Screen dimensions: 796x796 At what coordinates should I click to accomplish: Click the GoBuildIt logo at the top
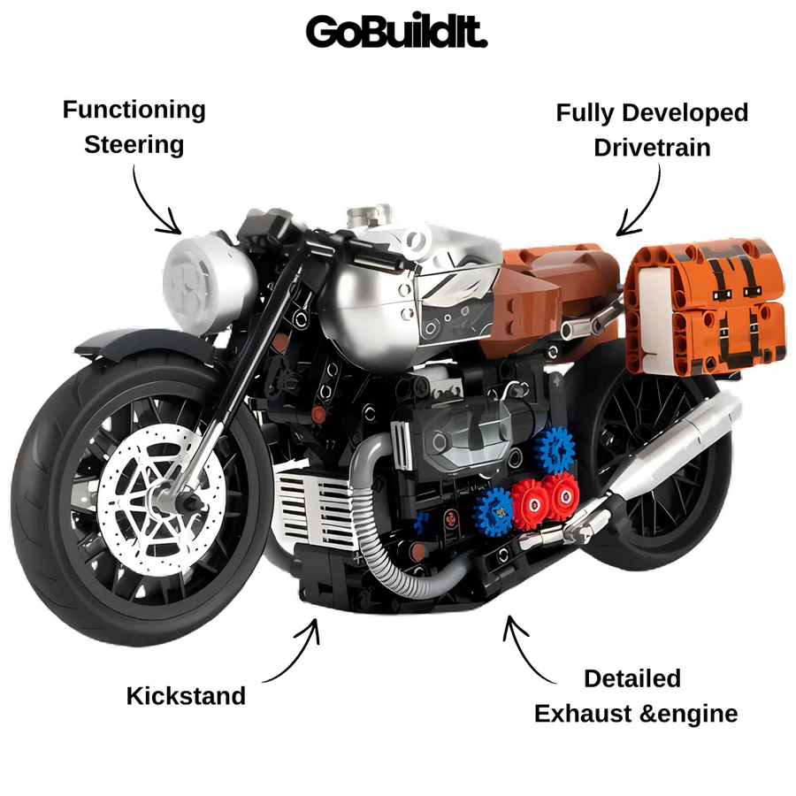(x=396, y=31)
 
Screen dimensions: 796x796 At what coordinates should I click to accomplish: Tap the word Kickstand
(x=186, y=695)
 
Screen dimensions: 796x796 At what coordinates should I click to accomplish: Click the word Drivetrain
(x=652, y=148)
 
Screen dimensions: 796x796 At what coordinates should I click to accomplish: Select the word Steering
(x=134, y=145)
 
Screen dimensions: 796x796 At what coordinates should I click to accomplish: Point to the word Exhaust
(x=584, y=714)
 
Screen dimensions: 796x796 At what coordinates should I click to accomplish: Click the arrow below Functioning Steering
(x=149, y=205)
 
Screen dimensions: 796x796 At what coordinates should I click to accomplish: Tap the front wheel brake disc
(x=160, y=500)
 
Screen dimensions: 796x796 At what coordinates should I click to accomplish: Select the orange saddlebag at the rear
(x=706, y=307)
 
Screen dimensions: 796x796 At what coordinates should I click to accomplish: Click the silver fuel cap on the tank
(x=368, y=216)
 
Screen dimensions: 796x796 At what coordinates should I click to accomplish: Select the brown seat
(x=548, y=300)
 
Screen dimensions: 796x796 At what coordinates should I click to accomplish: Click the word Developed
(x=685, y=112)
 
